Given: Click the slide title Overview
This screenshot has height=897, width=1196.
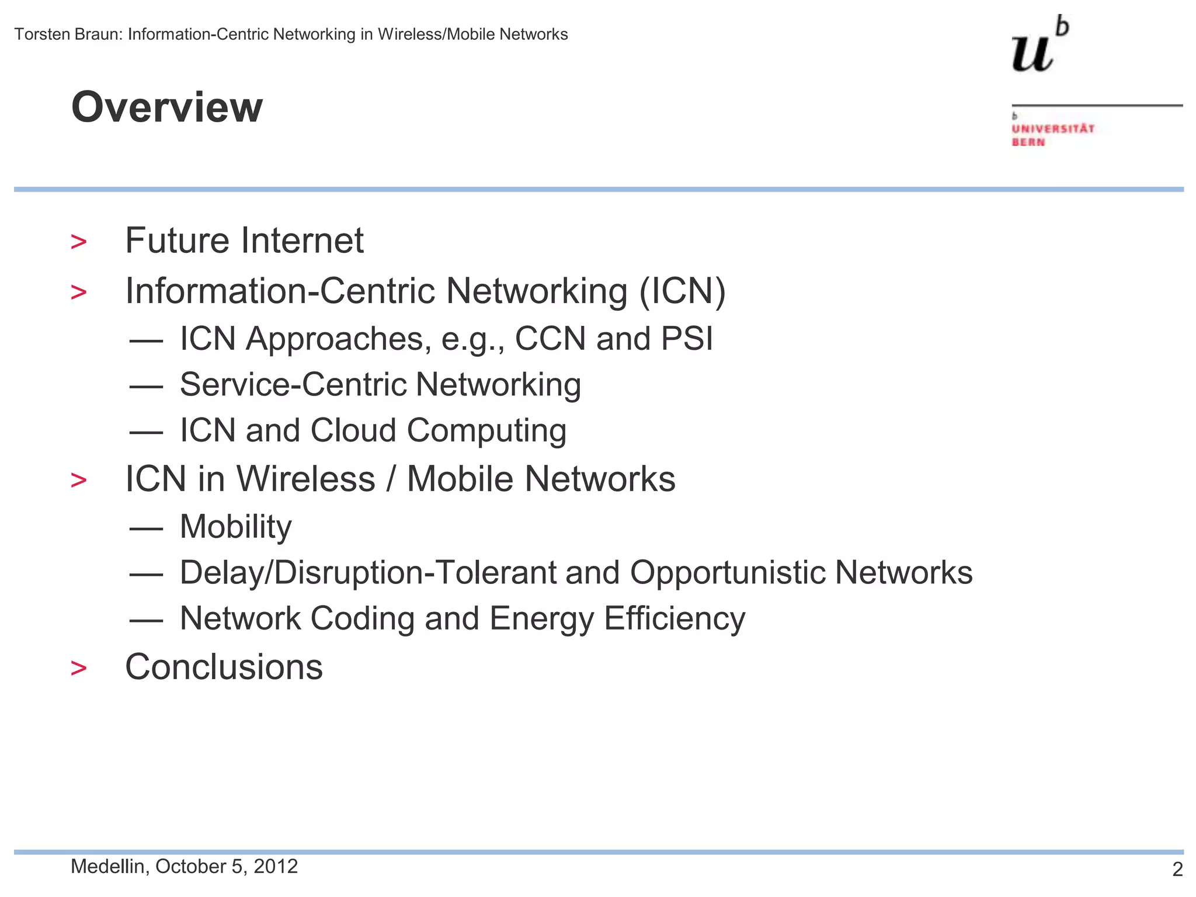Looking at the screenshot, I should coord(167,107).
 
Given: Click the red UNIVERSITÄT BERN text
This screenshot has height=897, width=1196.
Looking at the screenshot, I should coord(1052,135).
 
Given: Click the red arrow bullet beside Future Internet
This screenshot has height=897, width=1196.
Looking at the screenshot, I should coord(78,242).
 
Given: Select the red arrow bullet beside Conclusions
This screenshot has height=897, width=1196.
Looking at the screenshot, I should coord(78,668).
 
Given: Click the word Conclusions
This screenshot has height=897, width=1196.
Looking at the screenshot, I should coord(224,667).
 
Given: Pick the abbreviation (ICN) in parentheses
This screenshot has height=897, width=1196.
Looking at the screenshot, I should coord(682,291).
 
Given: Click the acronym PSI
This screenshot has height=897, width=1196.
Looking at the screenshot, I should coord(687,339).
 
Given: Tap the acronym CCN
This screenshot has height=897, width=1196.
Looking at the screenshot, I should coord(550,339).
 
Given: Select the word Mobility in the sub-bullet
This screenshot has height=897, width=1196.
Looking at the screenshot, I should coord(235,527).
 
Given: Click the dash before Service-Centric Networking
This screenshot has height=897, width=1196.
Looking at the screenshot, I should coord(146,387).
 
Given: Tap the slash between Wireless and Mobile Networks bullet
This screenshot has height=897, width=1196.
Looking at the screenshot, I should coord(391,479).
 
